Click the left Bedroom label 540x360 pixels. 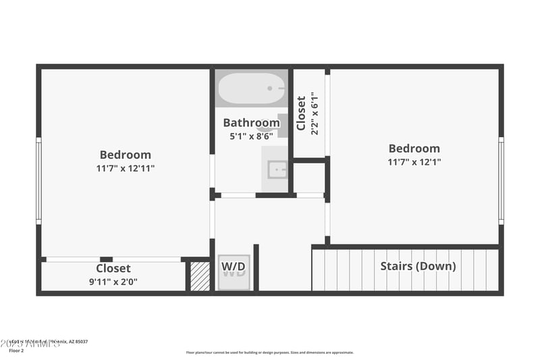125,155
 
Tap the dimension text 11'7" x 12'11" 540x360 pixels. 125,168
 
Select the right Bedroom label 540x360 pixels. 414,149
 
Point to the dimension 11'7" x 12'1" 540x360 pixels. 414,162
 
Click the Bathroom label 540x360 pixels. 251,123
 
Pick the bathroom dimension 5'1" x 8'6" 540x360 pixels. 251,136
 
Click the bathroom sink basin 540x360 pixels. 277,169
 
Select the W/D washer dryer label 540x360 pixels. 234,268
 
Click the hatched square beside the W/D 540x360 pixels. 200,276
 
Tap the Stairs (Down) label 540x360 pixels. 418,266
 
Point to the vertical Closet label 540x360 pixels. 301,113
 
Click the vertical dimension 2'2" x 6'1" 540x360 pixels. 315,113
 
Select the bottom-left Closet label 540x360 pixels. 113,269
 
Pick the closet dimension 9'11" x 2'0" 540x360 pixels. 113,282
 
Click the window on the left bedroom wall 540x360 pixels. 38,180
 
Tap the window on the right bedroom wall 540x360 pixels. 501,180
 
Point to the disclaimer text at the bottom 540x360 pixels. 269,353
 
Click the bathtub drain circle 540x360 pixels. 269,88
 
